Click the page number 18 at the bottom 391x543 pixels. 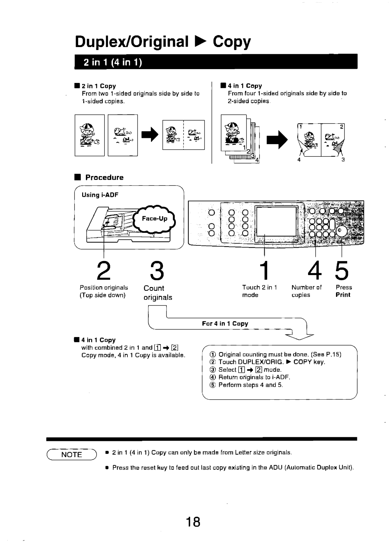(194, 522)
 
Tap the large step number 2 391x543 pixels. (103, 270)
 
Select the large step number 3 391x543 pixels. (154, 270)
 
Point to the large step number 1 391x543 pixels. (265, 270)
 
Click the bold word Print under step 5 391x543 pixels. (343, 295)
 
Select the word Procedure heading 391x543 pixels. (104, 177)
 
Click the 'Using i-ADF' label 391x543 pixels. (100, 195)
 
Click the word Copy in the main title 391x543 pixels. (232, 42)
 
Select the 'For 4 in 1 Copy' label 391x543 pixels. (225, 324)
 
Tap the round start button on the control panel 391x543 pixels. (341, 232)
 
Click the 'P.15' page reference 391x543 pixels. (335, 354)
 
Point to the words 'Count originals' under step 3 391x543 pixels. (157, 293)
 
